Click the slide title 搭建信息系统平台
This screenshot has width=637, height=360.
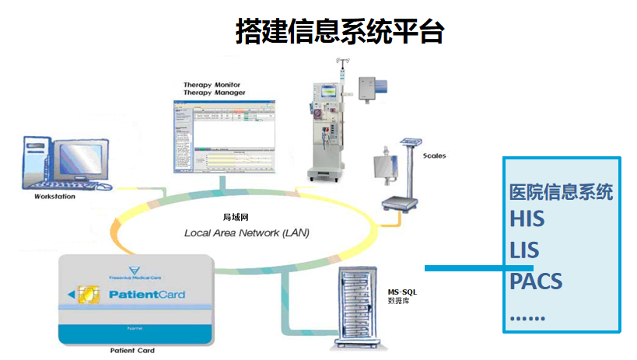tap(340, 31)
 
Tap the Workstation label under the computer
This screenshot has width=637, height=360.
tap(54, 197)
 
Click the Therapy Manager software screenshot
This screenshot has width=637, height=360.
tap(223, 135)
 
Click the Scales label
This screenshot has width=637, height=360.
tap(434, 156)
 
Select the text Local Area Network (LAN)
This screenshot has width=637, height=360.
tap(247, 232)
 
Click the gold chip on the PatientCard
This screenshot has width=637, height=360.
tap(90, 295)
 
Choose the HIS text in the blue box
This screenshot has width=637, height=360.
tap(527, 219)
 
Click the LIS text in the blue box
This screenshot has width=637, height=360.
tap(525, 250)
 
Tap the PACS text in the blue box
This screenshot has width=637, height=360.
tap(536, 281)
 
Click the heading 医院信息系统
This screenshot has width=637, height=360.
tap(561, 192)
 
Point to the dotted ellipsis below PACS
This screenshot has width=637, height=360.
tap(527, 318)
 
